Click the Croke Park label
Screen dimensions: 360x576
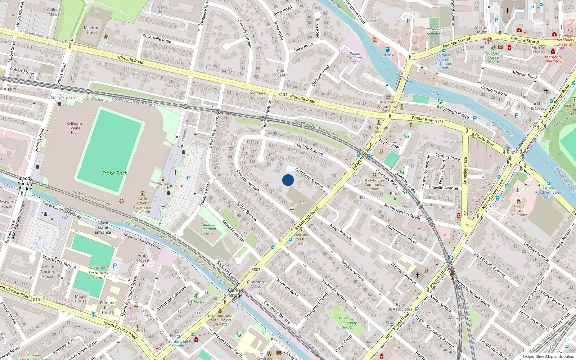click(x=114, y=173)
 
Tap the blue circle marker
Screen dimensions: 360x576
click(x=288, y=180)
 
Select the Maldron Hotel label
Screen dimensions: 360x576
click(x=92, y=30)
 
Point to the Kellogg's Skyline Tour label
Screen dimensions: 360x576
click(x=74, y=128)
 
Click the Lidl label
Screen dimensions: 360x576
click(x=303, y=202)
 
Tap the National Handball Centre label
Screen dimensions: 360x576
click(x=208, y=229)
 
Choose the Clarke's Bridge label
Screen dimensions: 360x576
click(x=236, y=293)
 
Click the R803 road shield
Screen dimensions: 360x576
click(x=256, y=269)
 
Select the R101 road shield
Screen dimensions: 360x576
click(x=37, y=300)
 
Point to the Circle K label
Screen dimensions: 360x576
click(x=388, y=55)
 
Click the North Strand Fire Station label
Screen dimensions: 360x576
click(x=519, y=211)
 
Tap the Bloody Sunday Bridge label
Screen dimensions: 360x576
click(x=25, y=183)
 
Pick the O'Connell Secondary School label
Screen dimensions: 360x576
click(x=98, y=273)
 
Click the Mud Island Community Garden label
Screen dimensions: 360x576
click(x=347, y=323)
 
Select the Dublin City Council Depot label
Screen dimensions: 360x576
click(x=355, y=58)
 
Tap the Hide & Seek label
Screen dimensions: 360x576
click(x=280, y=73)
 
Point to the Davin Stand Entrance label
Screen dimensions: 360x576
click(x=103, y=228)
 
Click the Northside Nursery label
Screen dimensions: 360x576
click(x=257, y=95)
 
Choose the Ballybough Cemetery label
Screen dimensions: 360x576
click(x=435, y=31)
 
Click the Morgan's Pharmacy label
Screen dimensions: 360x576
click(x=553, y=59)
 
